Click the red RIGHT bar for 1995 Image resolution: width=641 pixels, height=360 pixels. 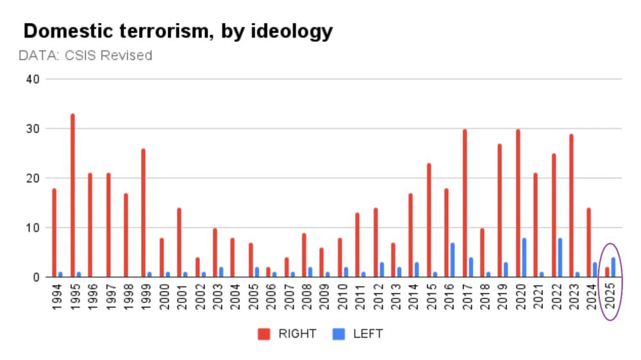pos(72,195)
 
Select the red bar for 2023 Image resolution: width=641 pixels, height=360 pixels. pos(571,206)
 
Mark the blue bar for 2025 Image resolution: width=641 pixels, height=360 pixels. pos(613,267)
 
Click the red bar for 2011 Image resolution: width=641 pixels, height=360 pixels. pos(357,245)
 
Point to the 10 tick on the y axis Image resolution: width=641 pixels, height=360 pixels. pos(33,228)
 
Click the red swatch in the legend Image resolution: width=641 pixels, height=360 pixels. pos(264,334)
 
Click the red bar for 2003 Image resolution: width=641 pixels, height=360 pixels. pos(215,252)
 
